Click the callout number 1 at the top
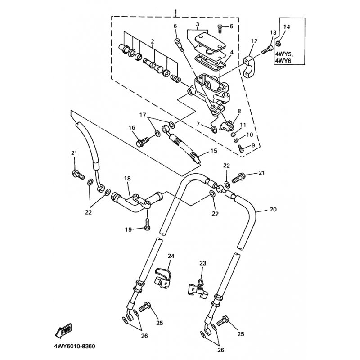[175, 11]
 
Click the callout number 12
[254, 41]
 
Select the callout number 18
[127, 179]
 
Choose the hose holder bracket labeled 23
[198, 287]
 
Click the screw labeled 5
[220, 28]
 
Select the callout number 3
[197, 23]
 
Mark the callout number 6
[175, 27]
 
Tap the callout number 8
[238, 111]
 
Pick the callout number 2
[153, 42]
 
